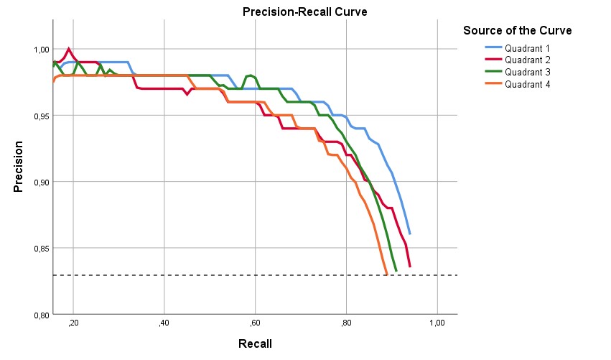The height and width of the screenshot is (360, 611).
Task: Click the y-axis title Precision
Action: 19,166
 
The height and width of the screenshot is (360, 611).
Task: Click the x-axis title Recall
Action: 255,343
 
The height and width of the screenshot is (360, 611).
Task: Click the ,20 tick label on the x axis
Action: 73,323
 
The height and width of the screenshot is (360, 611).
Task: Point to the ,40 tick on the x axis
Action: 164,323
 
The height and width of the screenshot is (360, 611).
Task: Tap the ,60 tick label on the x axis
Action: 255,323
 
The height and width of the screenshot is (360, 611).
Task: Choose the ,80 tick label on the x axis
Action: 346,323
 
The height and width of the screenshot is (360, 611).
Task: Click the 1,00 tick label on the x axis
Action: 436,323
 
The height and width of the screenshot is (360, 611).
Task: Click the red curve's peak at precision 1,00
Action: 69,49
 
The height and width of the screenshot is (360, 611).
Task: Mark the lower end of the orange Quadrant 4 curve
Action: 387,274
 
